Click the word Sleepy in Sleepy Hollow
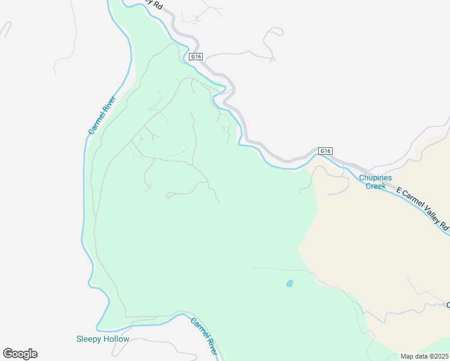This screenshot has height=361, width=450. click(x=89, y=339)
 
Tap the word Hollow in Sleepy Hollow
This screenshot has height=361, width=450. click(x=116, y=339)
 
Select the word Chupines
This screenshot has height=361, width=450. click(x=376, y=177)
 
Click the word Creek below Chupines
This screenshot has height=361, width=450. click(x=376, y=186)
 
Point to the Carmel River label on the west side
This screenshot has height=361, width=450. click(x=102, y=114)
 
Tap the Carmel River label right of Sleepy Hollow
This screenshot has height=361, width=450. click(x=203, y=333)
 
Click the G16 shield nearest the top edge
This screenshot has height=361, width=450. click(x=196, y=57)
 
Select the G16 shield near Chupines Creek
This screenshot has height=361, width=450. click(x=325, y=151)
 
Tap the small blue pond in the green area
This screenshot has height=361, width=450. click(x=289, y=283)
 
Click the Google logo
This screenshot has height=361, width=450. click(x=20, y=354)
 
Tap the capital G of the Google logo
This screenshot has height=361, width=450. click(x=8, y=354)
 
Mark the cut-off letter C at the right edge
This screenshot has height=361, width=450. click(x=448, y=305)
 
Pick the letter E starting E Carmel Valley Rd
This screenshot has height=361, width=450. click(x=398, y=191)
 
